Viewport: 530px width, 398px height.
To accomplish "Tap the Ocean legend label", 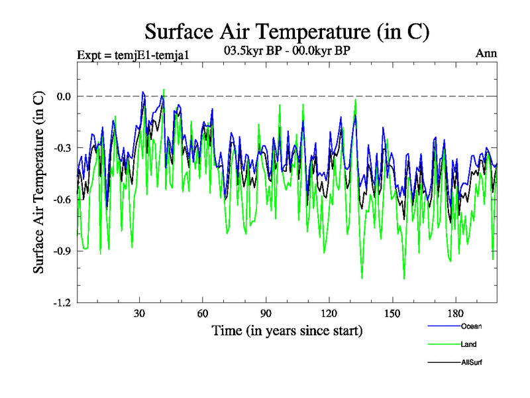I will [x=472, y=326].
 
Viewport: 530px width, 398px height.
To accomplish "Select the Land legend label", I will [x=469, y=344].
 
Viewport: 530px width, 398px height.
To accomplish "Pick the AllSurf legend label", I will [x=471, y=362].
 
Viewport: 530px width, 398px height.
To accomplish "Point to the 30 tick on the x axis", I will [x=139, y=314].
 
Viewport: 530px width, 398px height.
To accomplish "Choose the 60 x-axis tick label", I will [x=202, y=314].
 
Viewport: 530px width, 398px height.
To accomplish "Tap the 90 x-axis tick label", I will [x=266, y=314].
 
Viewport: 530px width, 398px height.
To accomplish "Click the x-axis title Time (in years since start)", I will [x=287, y=330].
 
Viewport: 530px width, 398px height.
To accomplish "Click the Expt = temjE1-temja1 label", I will [x=133, y=54].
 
